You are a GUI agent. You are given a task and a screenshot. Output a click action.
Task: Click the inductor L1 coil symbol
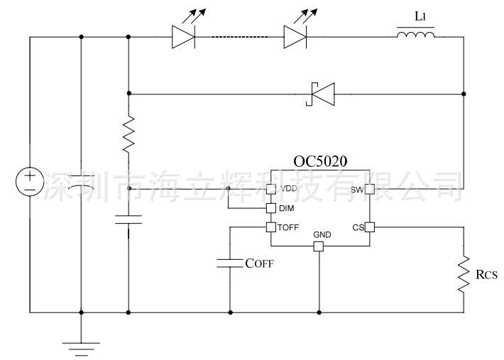click(415, 35)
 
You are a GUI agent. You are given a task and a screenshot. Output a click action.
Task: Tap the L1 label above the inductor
click(420, 16)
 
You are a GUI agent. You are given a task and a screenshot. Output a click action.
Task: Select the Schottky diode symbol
click(320, 94)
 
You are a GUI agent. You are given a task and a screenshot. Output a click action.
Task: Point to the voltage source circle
click(30, 181)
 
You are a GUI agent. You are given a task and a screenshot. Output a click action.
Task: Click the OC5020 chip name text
click(320, 161)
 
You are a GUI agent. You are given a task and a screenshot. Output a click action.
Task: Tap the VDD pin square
click(271, 189)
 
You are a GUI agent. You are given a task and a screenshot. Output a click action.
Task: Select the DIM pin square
click(271, 208)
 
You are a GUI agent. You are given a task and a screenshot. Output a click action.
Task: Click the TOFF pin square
click(271, 227)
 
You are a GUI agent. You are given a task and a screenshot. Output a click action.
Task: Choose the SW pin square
click(370, 189)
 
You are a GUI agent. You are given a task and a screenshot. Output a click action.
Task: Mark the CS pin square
click(370, 227)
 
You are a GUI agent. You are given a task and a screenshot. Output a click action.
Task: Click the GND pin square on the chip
click(319, 246)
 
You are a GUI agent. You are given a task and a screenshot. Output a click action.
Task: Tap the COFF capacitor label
click(259, 263)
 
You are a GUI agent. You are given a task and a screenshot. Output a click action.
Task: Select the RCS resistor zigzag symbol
click(464, 274)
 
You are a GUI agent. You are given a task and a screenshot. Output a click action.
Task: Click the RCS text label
click(486, 275)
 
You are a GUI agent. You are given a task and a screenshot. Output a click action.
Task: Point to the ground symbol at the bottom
click(81, 349)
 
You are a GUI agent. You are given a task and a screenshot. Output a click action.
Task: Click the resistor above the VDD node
click(128, 133)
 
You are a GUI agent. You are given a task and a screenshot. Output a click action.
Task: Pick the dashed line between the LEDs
click(240, 37)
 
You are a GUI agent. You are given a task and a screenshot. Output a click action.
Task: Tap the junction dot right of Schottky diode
click(464, 94)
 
